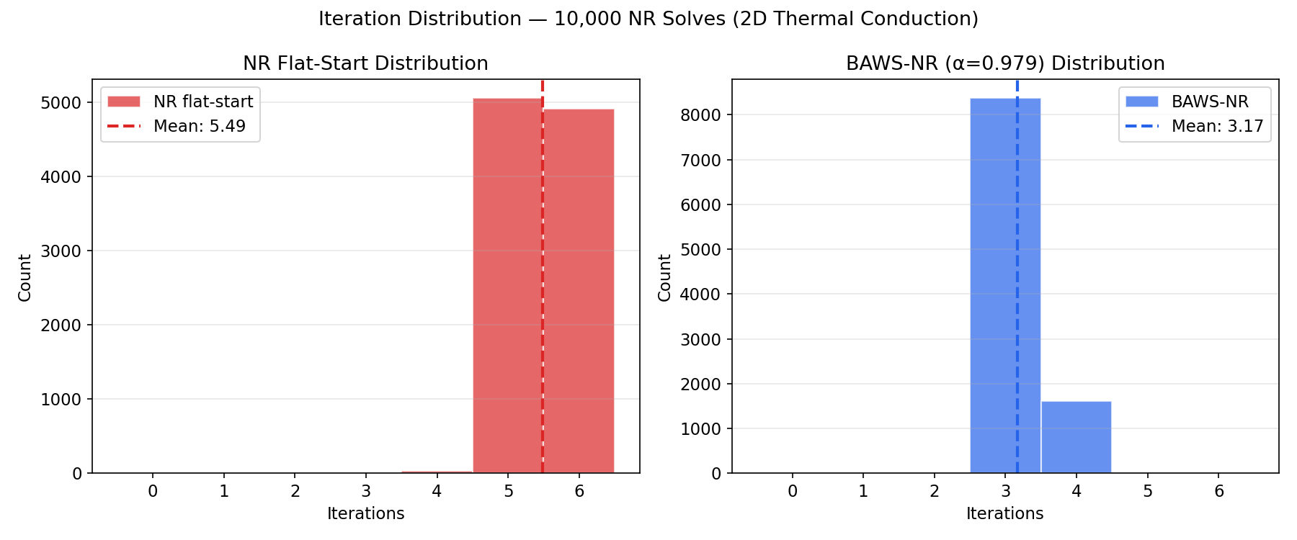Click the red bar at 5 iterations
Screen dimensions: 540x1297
pyautogui.click(x=507, y=288)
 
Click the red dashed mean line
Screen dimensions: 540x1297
pyautogui.click(x=543, y=216)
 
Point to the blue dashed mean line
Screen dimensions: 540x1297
pyautogui.click(x=1017, y=216)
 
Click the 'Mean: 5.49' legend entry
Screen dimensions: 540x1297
pyautogui.click(x=199, y=127)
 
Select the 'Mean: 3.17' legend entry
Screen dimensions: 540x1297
pyautogui.click(x=1217, y=127)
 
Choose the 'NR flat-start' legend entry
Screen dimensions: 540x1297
pyautogui.click(x=202, y=102)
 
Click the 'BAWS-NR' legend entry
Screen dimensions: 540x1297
pyautogui.click(x=1210, y=102)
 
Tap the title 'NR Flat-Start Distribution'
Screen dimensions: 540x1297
pyautogui.click(x=365, y=63)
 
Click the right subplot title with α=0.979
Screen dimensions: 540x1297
pyautogui.click(x=1005, y=63)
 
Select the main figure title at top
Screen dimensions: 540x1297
pyautogui.click(x=648, y=19)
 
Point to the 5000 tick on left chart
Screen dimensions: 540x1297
pyautogui.click(x=62, y=102)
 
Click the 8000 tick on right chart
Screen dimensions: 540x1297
pyautogui.click(x=701, y=115)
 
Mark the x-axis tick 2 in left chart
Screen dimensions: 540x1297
pyautogui.click(x=295, y=492)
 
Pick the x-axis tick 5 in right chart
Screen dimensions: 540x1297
pyautogui.click(x=1147, y=492)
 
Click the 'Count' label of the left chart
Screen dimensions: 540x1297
pyautogui.click(x=24, y=277)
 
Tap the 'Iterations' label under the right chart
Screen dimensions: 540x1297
pyautogui.click(x=1004, y=513)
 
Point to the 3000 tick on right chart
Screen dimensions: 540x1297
pyautogui.click(x=701, y=339)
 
